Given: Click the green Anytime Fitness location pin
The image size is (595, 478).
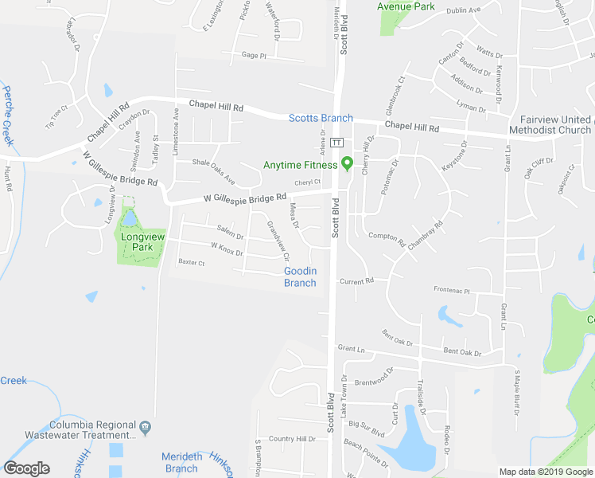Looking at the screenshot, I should click(347, 164).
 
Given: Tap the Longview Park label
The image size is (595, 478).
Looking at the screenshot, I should click(142, 241).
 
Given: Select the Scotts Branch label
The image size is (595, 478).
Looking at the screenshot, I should click(321, 118).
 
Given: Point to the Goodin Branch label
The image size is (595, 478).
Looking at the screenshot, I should click(301, 277).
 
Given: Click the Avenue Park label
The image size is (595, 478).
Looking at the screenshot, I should click(406, 6).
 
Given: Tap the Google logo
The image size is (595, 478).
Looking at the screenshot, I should click(26, 468).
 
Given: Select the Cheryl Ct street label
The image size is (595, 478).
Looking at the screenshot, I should click(307, 182).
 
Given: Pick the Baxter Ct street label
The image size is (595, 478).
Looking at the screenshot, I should click(192, 262).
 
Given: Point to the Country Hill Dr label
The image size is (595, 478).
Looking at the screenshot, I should click(292, 439).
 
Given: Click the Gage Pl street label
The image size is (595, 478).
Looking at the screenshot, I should click(254, 56).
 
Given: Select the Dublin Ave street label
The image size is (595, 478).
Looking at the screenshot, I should click(464, 10).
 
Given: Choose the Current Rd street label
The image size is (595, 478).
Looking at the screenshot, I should click(356, 281).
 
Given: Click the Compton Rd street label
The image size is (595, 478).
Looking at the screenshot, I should click(387, 237).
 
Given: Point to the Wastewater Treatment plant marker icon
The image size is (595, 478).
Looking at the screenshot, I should click(145, 426).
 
